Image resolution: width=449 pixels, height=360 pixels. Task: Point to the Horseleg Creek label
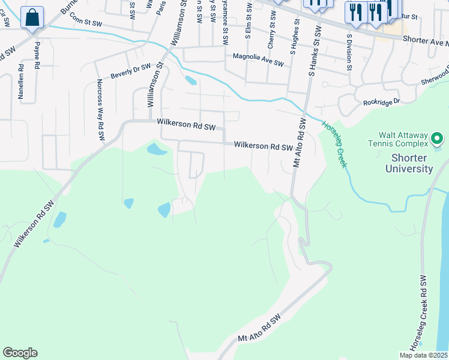(x=335, y=144)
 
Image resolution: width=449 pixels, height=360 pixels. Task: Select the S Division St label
(x=348, y=50)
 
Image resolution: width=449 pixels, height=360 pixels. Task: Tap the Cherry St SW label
(x=272, y=34)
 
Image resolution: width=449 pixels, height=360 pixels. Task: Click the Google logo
(x=20, y=352)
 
